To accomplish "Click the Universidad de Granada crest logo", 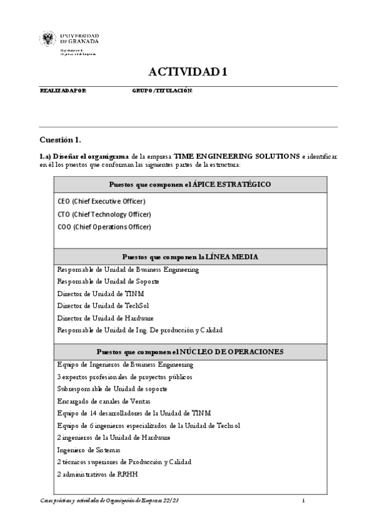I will [x=48, y=40].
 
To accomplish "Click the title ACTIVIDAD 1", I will [x=188, y=72].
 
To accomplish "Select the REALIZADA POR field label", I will [x=63, y=91].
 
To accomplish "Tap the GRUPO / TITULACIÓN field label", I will [x=162, y=91].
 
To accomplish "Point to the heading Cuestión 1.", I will [x=60, y=140].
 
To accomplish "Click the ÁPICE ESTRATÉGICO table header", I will [x=189, y=184].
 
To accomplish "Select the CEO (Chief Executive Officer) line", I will [x=101, y=202].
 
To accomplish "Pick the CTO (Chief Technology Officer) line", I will [x=104, y=214].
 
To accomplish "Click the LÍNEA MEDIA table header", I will [x=189, y=256].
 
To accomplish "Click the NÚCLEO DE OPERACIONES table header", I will [x=189, y=351].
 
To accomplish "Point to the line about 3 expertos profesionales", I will [x=125, y=377].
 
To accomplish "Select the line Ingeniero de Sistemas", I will [x=88, y=450].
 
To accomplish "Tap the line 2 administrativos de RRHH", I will [x=97, y=474].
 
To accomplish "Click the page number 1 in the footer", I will [x=303, y=500].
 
